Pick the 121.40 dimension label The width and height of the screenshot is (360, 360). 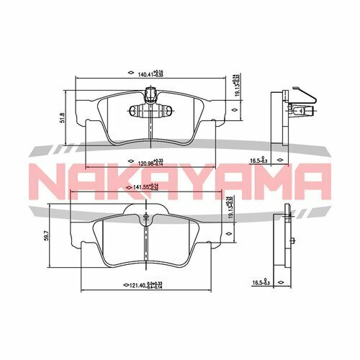coord(142,286)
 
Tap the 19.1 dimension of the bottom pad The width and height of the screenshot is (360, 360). coord(229,209)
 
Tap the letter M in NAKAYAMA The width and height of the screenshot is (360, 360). coord(270,180)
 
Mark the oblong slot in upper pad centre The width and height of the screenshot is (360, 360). coord(150,112)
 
